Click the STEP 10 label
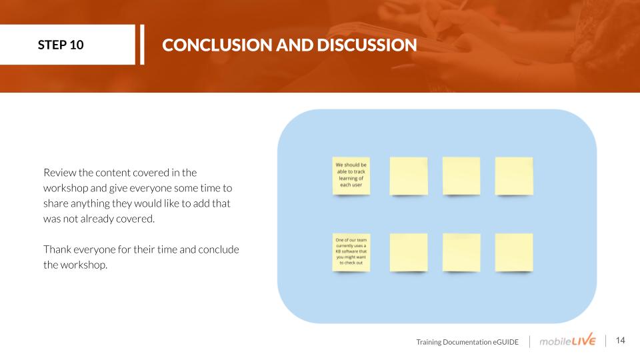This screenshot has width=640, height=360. coord(61,45)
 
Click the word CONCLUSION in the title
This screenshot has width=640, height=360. coord(217,45)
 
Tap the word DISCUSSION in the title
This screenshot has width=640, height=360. coord(367,45)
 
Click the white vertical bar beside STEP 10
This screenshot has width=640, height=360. coord(142,45)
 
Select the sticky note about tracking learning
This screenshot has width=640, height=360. coord(351,175)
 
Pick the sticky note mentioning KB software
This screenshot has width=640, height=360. coord(351,252)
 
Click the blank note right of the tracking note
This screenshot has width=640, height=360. coord(409,176)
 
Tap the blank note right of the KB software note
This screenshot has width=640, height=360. coord(409,252)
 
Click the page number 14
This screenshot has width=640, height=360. coord(621,341)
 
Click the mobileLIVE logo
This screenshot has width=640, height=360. coord(567,340)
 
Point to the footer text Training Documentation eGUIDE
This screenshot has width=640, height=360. coord(467,342)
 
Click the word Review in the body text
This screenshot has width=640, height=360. coord(59,173)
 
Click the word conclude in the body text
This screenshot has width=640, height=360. coord(219,249)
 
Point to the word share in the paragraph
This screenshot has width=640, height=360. coord(56,203)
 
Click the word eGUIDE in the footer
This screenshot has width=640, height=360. coord(506,342)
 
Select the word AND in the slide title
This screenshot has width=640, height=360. coord(295,45)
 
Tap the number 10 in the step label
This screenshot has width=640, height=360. coord(77,45)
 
